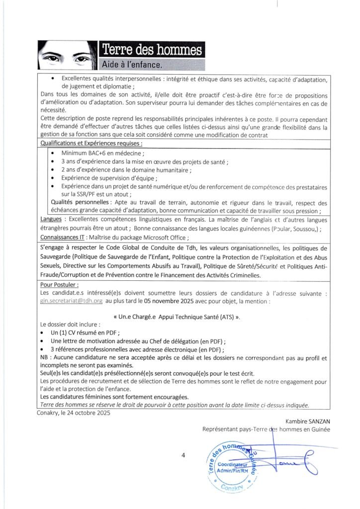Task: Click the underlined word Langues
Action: (51, 219)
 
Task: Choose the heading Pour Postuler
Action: (59, 285)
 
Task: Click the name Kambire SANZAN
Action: (308, 422)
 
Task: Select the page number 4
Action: (183, 455)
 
